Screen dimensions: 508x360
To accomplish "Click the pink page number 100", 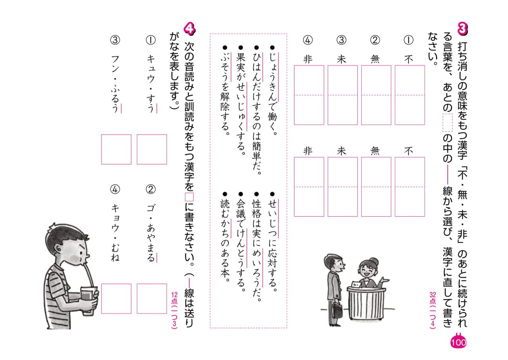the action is [458, 342].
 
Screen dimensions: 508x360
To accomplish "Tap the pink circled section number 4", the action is [189, 29].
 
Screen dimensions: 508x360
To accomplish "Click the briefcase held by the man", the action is [338, 310].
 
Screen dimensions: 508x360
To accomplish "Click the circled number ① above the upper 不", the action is [408, 40].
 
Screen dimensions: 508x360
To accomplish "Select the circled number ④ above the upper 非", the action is [308, 40].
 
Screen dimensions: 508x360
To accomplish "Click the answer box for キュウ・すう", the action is [152, 149].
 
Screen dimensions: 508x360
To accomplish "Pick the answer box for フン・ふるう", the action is [116, 149].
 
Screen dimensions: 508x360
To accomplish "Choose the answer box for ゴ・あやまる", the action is [152, 298].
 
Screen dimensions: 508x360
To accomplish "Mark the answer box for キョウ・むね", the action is [116, 298].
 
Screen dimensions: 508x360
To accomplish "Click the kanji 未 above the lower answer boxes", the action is [341, 151].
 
